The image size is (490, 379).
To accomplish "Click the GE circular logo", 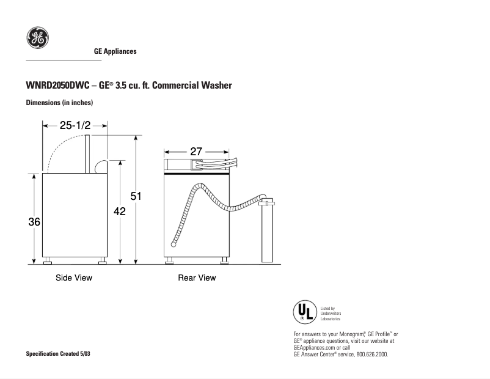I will [37, 39].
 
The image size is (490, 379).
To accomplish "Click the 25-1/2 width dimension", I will [75, 125].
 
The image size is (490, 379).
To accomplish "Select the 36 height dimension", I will [34, 222].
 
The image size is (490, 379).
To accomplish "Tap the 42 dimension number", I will [120, 212].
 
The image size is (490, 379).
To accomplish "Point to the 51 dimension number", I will [136, 196].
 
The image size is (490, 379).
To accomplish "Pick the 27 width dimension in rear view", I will [196, 152].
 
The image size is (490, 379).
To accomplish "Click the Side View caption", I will [74, 278].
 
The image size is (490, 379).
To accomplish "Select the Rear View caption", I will [197, 278].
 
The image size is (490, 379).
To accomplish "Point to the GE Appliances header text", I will [115, 51].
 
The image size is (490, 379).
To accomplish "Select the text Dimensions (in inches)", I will [59, 103].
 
